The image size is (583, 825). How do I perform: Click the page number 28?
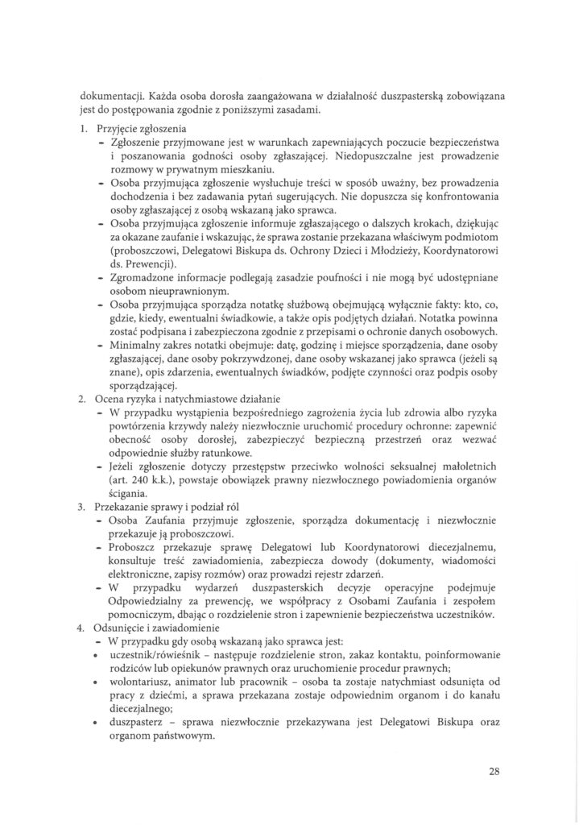pyautogui.click(x=494, y=770)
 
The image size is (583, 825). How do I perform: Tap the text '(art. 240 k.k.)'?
pyautogui.click(x=136, y=480)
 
